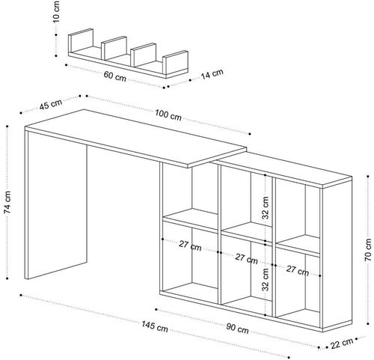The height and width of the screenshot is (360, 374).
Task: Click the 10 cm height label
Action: point(57,11)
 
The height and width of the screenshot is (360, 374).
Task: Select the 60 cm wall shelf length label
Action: point(115,76)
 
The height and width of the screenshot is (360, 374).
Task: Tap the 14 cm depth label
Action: point(212,74)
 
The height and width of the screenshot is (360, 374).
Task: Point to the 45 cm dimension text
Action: point(51,104)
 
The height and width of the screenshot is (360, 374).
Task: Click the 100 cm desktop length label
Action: point(168,115)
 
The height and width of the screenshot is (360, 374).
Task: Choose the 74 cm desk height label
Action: point(7,202)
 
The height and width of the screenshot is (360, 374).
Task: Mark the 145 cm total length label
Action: point(155,326)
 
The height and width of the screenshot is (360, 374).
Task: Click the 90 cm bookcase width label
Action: point(237,329)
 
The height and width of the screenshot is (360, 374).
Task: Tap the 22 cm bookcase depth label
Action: point(342,344)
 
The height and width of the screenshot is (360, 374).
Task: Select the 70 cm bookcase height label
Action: point(368,250)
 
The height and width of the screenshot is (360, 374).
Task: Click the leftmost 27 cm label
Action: point(190,245)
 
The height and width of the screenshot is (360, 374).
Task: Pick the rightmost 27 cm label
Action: point(298,270)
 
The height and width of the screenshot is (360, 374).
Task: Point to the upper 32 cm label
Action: point(266,208)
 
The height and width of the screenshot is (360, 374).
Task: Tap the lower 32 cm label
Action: point(266,279)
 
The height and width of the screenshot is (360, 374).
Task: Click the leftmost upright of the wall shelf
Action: point(81,40)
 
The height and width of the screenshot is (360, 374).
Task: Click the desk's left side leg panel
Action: point(56,204)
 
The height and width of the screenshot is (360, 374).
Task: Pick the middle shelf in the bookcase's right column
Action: point(298,245)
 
